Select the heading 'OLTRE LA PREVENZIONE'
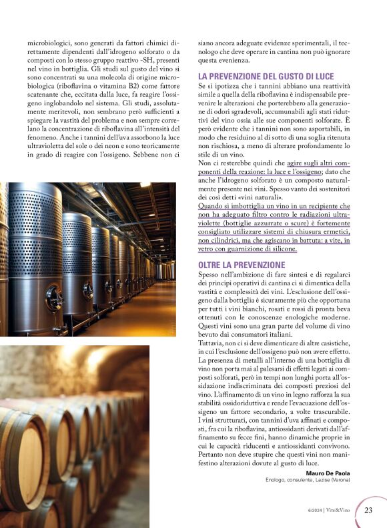click(242, 265)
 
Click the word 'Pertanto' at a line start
click(214, 462)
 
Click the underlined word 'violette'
click(212, 223)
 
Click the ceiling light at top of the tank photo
click(143, 185)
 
